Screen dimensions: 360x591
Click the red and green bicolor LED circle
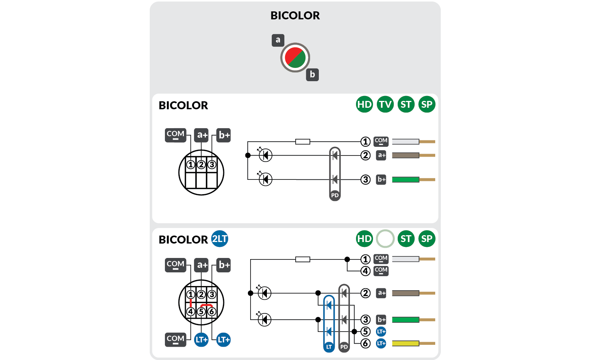pos(295,58)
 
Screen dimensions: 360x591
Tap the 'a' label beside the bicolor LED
pos(278,40)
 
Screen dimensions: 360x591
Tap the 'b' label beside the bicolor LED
pos(312,74)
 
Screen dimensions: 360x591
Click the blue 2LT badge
pos(219,239)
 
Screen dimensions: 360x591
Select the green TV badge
pos(385,104)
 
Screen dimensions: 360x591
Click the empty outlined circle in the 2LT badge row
pos(385,239)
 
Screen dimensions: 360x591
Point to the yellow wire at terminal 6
pos(405,343)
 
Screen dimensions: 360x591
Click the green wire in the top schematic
pos(405,179)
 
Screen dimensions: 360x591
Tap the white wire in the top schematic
pos(405,141)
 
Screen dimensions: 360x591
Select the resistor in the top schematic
pos(303,141)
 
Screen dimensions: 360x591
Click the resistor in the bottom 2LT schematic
pos(303,259)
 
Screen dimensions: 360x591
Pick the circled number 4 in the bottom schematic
pos(365,271)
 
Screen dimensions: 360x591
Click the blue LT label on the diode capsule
pos(329,347)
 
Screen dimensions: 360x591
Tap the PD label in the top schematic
pos(335,195)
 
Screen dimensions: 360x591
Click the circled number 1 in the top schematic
pos(365,141)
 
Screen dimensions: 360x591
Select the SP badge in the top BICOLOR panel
pos(426,104)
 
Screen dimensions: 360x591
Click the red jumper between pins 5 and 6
pos(206,305)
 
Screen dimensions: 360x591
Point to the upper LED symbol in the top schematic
pos(265,155)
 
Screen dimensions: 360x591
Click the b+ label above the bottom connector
pos(224,265)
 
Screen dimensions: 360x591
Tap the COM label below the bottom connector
pos(176,339)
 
